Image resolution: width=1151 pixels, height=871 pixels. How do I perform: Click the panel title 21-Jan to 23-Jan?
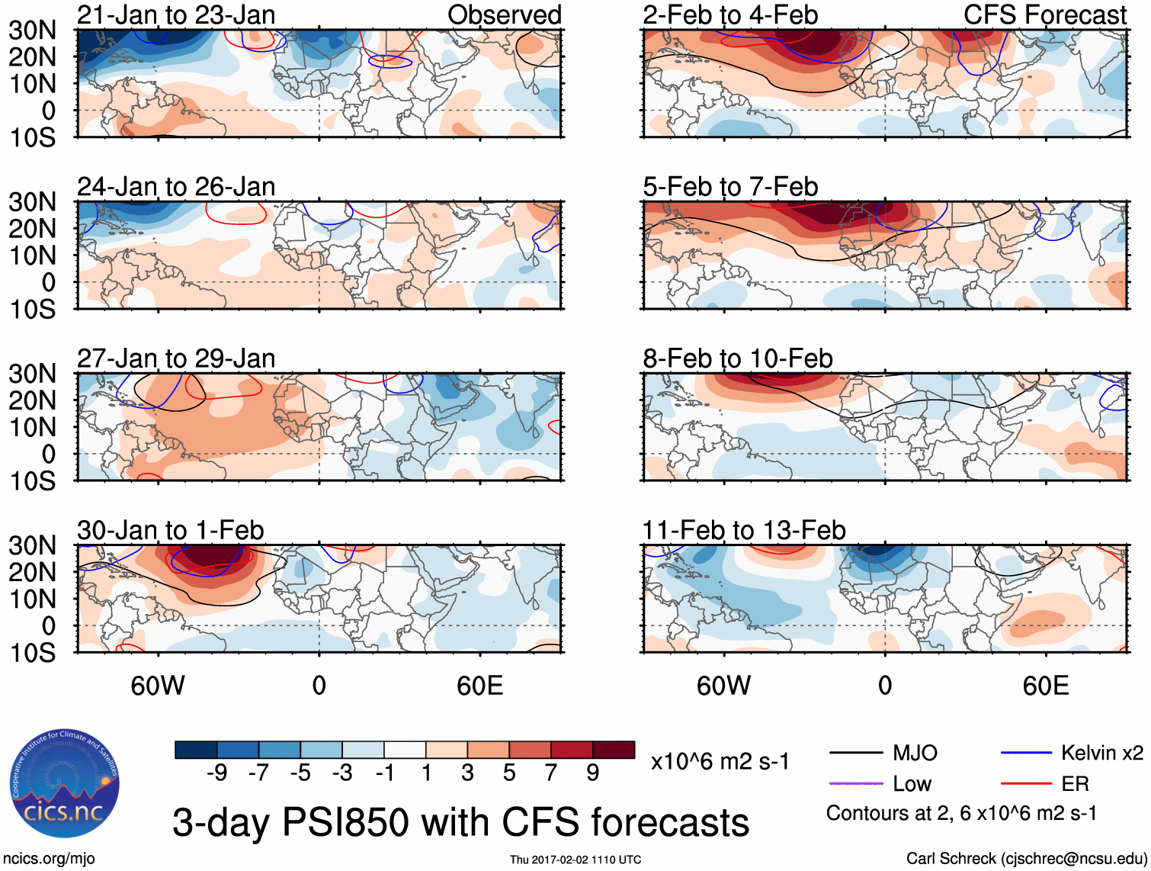pos(176,15)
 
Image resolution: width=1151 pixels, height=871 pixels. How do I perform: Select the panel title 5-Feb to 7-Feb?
pos(730,187)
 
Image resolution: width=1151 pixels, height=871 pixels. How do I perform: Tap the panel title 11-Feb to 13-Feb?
pos(744,530)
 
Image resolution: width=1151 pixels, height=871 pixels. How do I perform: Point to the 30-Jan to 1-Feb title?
pos(171,530)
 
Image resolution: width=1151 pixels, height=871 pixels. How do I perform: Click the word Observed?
pos(505,15)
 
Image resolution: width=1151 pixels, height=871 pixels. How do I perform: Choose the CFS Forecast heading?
pos(1045,15)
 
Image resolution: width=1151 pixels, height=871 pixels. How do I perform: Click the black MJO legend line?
pos(855,754)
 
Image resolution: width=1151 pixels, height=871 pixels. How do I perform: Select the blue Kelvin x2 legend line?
pos(1026,754)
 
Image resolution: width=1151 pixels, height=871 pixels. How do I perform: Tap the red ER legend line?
pos(1026,783)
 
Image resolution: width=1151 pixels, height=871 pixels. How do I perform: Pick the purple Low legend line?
pos(855,783)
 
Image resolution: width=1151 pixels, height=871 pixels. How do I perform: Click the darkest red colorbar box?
pos(614,750)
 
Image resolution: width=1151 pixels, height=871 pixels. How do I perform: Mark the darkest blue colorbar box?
pos(196,750)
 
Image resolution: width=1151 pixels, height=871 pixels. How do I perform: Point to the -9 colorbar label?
pos(216,773)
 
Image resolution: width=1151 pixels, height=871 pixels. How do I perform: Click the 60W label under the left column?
pos(158,686)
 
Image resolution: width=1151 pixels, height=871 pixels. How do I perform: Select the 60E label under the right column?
pos(1045,686)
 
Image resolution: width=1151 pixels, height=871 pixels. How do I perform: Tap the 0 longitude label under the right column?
pos(885,686)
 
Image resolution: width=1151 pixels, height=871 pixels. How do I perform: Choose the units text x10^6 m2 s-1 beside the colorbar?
pos(720,762)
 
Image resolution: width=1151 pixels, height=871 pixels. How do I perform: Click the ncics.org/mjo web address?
pos(49,859)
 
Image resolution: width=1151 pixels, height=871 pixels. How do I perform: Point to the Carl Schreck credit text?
pos(1026,859)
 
